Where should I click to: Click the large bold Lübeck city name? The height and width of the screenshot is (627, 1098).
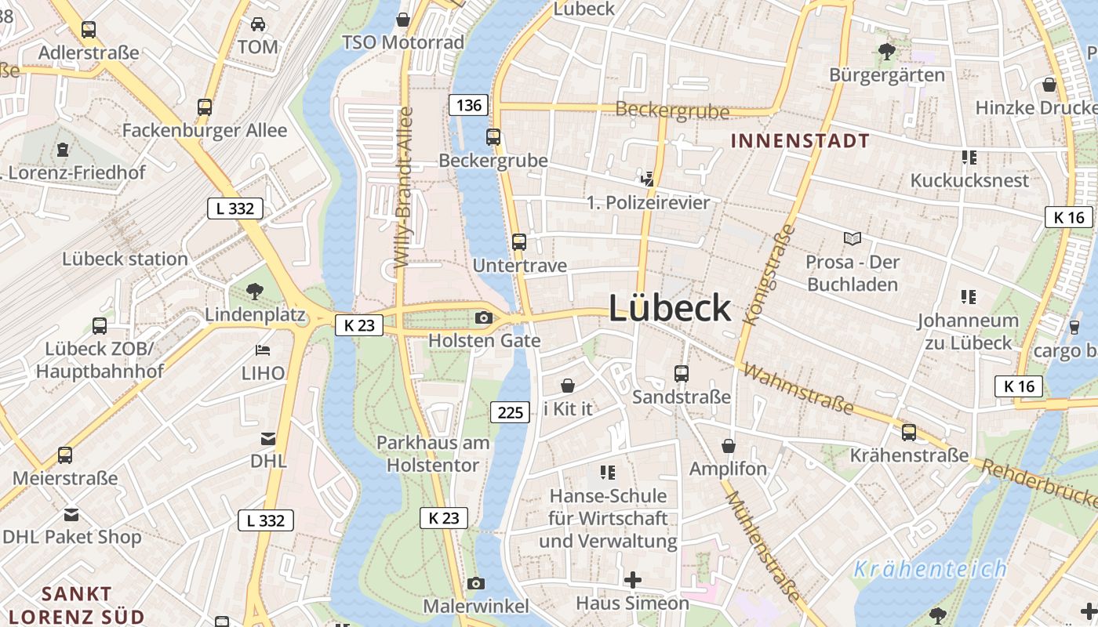(670, 308)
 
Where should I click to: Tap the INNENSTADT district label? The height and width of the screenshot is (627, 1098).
(800, 141)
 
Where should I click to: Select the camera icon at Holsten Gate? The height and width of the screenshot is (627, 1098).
(484, 317)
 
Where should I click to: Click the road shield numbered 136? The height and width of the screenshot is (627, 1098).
(469, 105)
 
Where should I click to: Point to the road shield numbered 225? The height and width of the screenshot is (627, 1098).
(511, 411)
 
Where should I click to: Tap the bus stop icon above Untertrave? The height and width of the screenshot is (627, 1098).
(518, 242)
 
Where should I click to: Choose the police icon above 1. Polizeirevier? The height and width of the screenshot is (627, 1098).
(647, 179)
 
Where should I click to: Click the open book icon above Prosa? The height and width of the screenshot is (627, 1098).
(853, 238)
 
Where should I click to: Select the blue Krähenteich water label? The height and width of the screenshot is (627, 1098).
(930, 569)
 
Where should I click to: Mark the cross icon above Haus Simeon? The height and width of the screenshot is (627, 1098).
(632, 580)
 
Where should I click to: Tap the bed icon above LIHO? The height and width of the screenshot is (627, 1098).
(263, 350)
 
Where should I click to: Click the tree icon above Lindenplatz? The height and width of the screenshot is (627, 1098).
(254, 292)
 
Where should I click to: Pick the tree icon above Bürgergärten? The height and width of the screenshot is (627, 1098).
(887, 52)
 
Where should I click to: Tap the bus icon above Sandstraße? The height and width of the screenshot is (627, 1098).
(682, 374)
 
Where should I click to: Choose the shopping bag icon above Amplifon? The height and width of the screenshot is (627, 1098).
(729, 446)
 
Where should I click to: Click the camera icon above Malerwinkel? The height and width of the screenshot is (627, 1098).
(475, 583)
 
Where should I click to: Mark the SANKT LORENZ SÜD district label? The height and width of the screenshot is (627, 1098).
(76, 604)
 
